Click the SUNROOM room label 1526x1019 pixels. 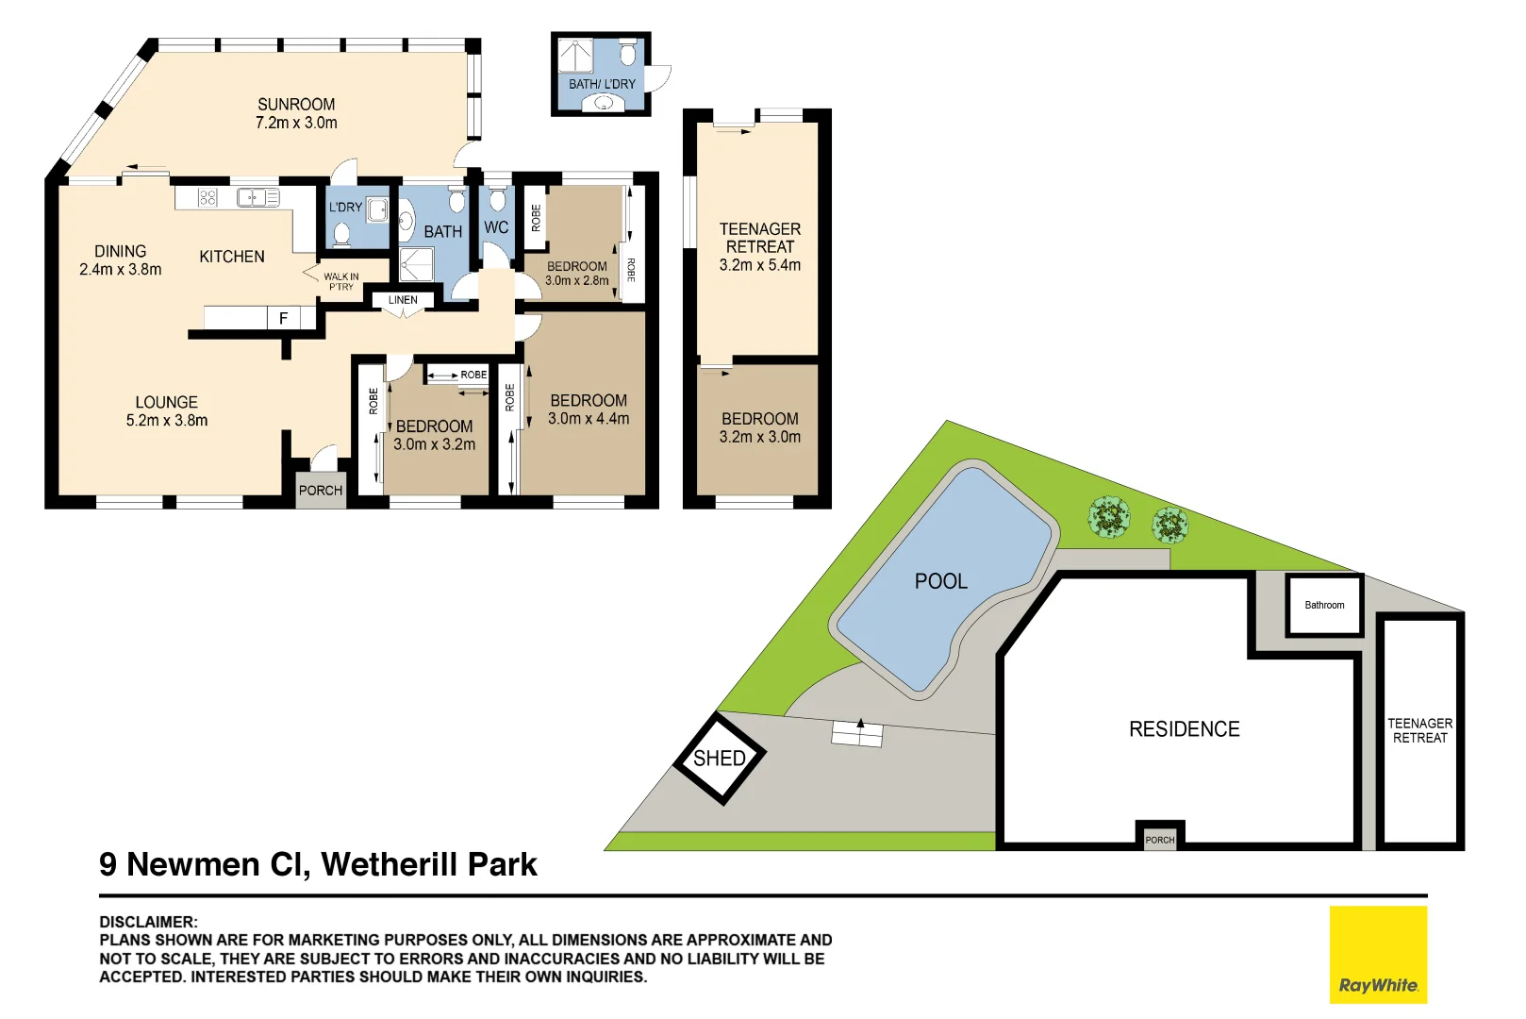coord(296,105)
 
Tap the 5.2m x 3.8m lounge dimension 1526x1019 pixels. coord(167,421)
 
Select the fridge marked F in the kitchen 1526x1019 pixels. coord(283,319)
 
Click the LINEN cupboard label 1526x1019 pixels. coord(403,300)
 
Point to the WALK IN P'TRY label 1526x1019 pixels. coord(340,281)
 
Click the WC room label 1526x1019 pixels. coord(496,227)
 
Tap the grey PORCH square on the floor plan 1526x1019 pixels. coord(321,491)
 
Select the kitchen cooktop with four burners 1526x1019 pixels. coord(208,197)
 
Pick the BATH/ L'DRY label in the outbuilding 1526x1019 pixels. coord(602,84)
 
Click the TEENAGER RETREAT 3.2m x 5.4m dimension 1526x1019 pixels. coord(760,266)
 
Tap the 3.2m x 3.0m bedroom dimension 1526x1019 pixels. coord(760,437)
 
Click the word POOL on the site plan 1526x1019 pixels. coord(941,581)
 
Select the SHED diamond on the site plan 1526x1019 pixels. coord(720,759)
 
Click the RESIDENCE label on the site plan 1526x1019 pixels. coord(1185,729)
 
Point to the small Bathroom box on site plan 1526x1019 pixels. coord(1324,605)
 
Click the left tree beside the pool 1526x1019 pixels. coord(1109,517)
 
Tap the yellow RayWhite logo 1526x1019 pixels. coord(1378,955)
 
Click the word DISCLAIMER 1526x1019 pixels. coord(148,922)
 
